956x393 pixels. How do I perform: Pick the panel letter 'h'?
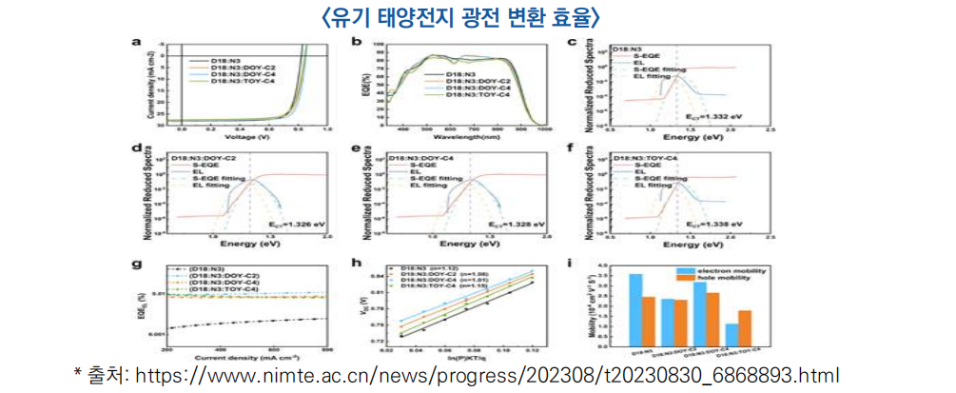pyautogui.click(x=354, y=261)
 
